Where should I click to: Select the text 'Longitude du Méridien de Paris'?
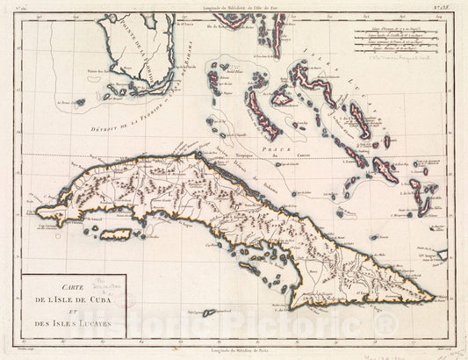(234, 350)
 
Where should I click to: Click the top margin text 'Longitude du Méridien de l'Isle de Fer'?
(234, 7)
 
